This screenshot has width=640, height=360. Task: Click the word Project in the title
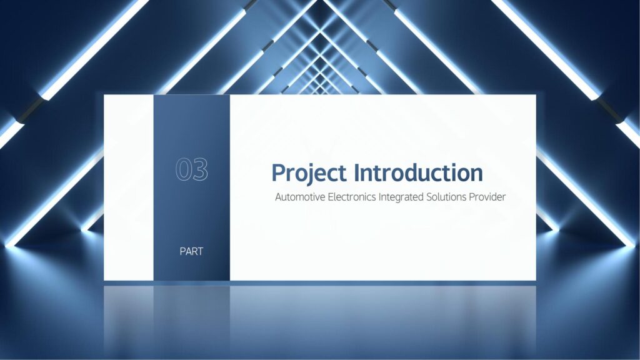pyautogui.click(x=309, y=173)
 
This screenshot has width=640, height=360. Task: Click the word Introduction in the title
pyautogui.click(x=418, y=172)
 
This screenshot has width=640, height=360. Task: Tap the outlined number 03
pyautogui.click(x=192, y=169)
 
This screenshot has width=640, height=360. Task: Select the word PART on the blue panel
pyautogui.click(x=191, y=251)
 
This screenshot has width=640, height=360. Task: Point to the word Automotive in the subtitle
pyautogui.click(x=301, y=197)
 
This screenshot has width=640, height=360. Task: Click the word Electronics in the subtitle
pyautogui.click(x=352, y=197)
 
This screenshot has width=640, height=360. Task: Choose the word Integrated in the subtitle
pyautogui.click(x=401, y=197)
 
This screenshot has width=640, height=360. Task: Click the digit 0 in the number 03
pyautogui.click(x=183, y=169)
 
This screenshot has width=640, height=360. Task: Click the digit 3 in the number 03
pyautogui.click(x=201, y=169)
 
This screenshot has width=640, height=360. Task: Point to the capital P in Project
pyautogui.click(x=279, y=172)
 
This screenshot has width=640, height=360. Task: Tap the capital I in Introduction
pyautogui.click(x=357, y=172)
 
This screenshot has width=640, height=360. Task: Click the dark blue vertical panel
pyautogui.click(x=191, y=187)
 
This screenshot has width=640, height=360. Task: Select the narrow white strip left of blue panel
pyautogui.click(x=129, y=187)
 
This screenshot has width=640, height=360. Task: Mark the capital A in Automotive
pyautogui.click(x=279, y=197)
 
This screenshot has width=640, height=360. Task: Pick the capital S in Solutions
pyautogui.click(x=429, y=197)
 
